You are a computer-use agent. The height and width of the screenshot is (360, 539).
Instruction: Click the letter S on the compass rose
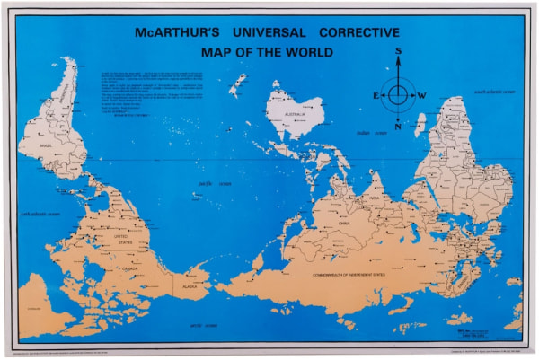(x=397, y=53)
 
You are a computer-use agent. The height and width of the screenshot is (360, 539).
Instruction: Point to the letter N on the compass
(x=397, y=126)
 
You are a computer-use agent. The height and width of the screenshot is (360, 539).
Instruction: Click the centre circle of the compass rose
(x=397, y=93)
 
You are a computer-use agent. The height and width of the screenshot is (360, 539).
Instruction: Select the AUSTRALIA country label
(x=296, y=115)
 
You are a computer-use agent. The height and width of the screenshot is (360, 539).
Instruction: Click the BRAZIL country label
(x=44, y=143)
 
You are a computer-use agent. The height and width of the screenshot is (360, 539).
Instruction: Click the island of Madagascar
(x=420, y=124)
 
